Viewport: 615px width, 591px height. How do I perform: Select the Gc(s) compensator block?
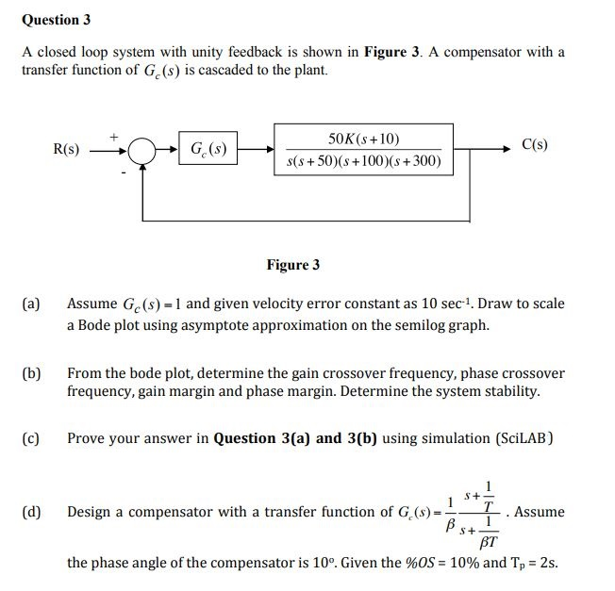tap(208, 149)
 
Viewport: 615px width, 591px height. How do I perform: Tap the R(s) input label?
tap(66, 149)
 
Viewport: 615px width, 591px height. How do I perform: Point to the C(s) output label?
tap(534, 145)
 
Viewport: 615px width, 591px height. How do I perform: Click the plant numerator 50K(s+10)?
tap(362, 138)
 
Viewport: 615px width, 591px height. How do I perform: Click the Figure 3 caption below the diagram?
tap(292, 265)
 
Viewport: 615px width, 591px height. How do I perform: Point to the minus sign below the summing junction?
tap(122, 172)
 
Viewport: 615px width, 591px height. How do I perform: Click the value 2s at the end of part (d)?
tap(548, 564)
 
